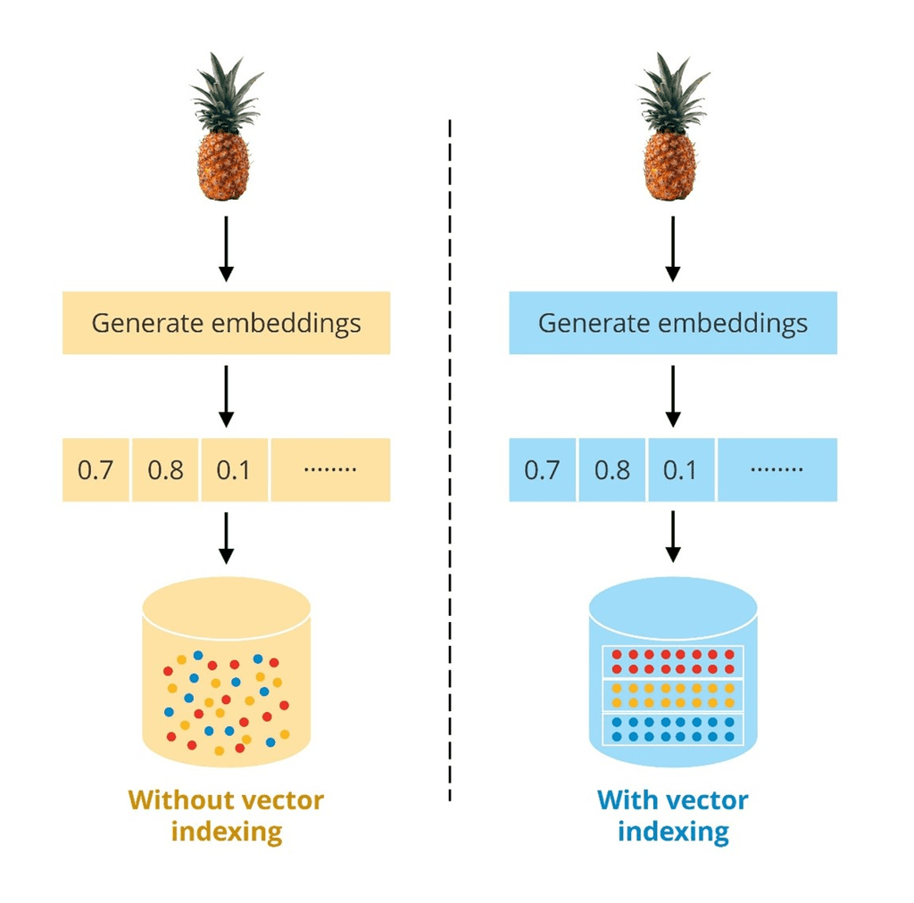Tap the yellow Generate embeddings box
tap(226, 322)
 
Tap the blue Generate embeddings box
tap(673, 322)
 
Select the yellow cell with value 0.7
tap(96, 469)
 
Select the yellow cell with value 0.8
tap(166, 469)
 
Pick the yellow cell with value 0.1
tap(235, 469)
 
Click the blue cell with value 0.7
tap(543, 469)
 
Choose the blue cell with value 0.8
tap(612, 469)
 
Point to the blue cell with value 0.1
tap(681, 469)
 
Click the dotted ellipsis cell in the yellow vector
tap(330, 469)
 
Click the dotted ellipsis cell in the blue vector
tap(777, 469)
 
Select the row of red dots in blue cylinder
tap(673, 661)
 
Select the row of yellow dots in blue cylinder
tap(673, 695)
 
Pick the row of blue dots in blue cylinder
tap(673, 729)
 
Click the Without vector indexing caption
tap(226, 816)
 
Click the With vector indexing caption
tap(673, 816)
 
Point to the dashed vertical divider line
tap(450, 446)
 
